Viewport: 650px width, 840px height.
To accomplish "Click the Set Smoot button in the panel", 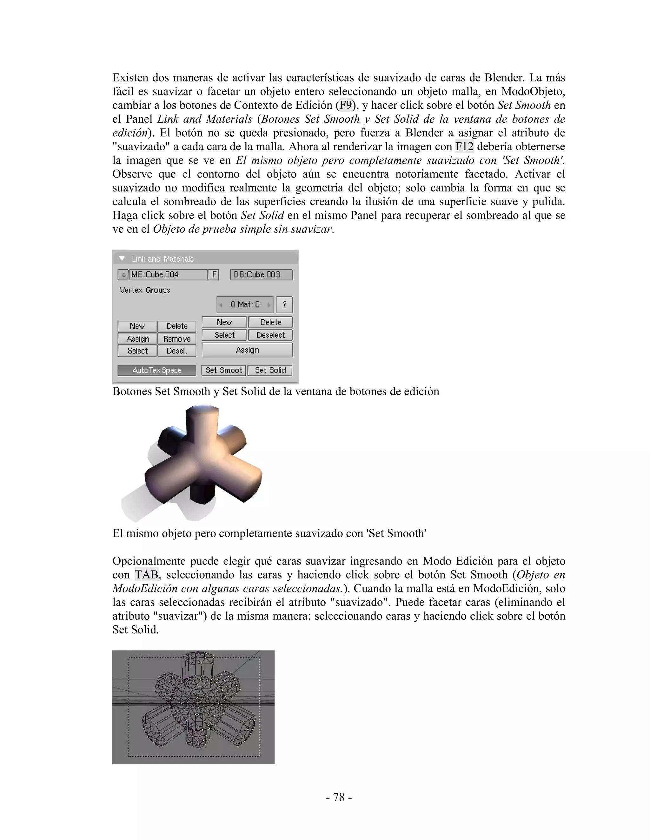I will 223,370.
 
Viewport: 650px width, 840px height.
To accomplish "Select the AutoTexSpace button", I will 157,370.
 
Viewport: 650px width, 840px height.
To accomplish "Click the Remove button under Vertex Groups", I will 177,339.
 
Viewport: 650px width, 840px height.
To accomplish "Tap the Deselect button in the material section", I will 270,335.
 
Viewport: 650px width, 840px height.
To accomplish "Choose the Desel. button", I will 177,351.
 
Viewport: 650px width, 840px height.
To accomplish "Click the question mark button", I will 285,305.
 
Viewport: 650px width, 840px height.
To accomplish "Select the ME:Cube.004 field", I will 168,275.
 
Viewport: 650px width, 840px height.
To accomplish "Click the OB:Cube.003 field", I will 261,275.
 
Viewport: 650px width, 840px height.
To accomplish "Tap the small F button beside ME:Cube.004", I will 214,275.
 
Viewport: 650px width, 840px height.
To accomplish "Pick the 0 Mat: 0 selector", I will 245,305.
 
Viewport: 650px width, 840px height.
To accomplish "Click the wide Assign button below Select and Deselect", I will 247,350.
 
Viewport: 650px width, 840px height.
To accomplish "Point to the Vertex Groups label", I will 145,290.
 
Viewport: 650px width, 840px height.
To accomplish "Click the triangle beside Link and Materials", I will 122,258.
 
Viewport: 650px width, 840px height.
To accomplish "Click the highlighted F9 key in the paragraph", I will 345,105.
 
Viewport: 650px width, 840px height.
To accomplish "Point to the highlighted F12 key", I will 464,146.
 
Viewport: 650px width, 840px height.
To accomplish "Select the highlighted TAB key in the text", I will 146,575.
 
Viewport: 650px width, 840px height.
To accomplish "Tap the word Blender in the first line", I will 504,78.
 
